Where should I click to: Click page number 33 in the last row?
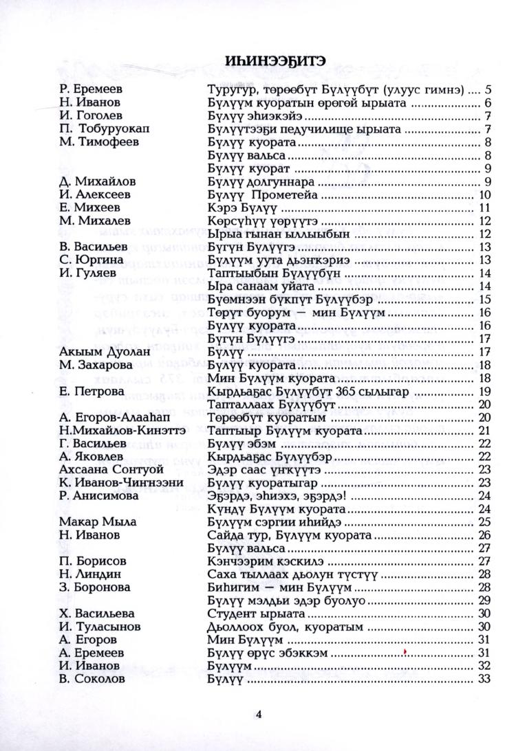tap(482, 680)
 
